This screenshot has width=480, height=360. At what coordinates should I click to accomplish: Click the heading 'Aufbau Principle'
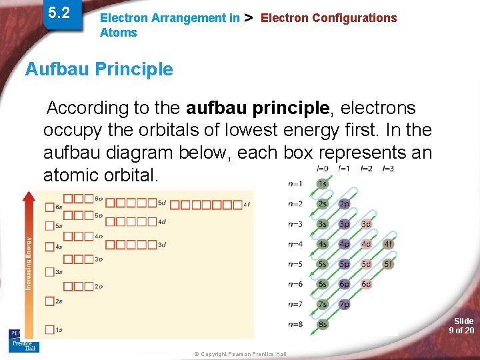pyautogui.click(x=99, y=69)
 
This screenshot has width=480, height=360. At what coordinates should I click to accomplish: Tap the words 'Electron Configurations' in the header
pyautogui.click(x=328, y=18)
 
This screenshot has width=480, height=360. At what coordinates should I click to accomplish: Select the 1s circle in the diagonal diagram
pyautogui.click(x=323, y=184)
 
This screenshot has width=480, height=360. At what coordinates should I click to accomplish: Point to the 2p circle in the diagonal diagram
pyautogui.click(x=344, y=204)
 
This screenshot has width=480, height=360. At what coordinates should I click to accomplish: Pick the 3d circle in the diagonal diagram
pyautogui.click(x=366, y=224)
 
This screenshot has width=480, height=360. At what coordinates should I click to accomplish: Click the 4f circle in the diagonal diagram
pyautogui.click(x=388, y=244)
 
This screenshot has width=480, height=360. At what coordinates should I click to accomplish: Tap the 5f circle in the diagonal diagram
pyautogui.click(x=388, y=264)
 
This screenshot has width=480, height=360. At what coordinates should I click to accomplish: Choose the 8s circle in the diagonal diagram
pyautogui.click(x=323, y=324)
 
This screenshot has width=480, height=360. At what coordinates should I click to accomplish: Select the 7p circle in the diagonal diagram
pyautogui.click(x=344, y=304)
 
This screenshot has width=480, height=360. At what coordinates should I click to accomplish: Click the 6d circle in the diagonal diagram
pyautogui.click(x=366, y=284)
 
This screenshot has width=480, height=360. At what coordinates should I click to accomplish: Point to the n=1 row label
pyautogui.click(x=295, y=184)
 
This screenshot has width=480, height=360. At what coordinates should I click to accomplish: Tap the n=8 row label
pyautogui.click(x=295, y=324)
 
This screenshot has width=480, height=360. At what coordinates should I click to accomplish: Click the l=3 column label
pyautogui.click(x=388, y=168)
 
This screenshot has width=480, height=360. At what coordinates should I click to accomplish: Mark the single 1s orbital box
pyautogui.click(x=49, y=329)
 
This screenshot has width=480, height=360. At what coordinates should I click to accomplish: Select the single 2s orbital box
pyautogui.click(x=49, y=301)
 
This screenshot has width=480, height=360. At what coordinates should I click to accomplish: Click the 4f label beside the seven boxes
pyautogui.click(x=246, y=205)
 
